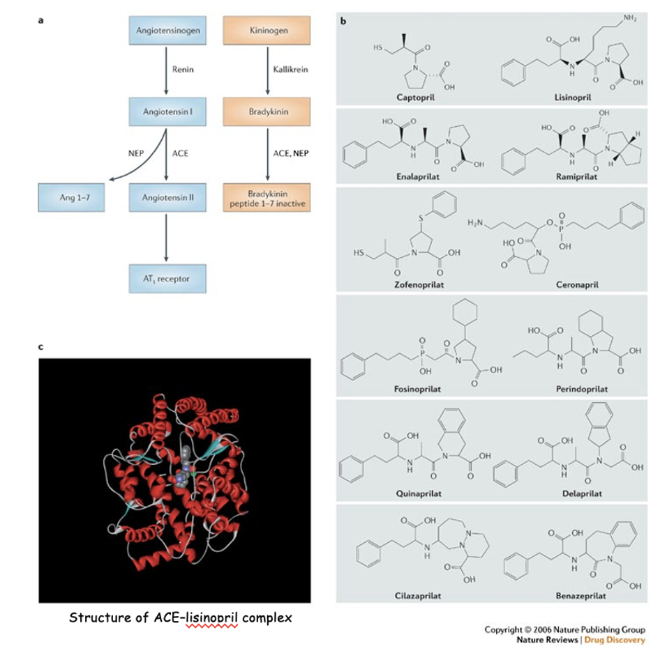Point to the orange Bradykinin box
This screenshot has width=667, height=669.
click(264, 112)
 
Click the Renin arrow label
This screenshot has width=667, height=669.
click(182, 70)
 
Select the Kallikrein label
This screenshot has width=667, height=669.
click(287, 70)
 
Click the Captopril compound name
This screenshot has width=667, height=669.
click(415, 98)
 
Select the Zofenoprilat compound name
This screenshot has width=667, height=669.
click(419, 284)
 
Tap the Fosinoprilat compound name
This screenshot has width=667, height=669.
click(419, 388)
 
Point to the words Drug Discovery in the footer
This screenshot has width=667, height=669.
click(615, 640)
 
